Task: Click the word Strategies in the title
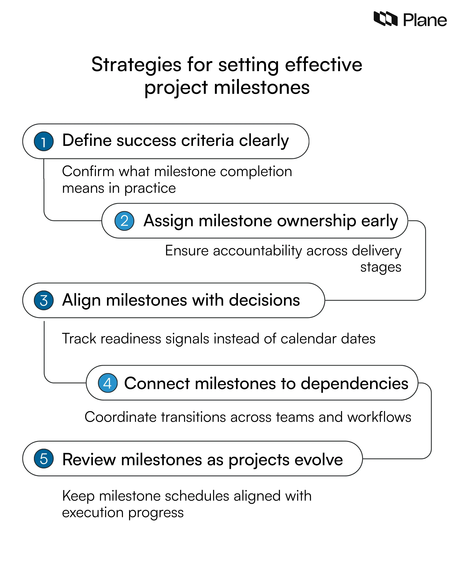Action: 136,65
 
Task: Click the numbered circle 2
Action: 124,221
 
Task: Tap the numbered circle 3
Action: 44,300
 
